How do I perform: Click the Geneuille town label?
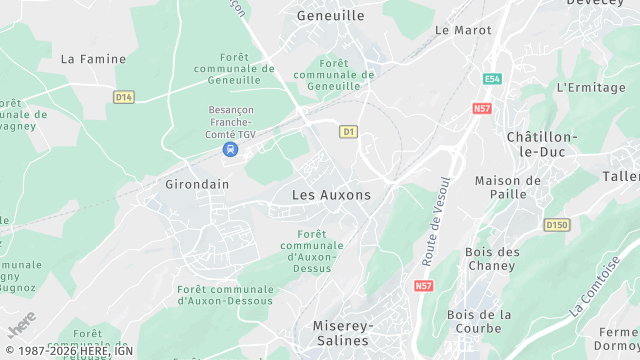click(x=330, y=16)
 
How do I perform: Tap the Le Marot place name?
click(x=463, y=30)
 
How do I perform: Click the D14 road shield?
click(x=123, y=97)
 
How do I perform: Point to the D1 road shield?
click(x=348, y=131)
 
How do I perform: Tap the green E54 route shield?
click(x=491, y=78)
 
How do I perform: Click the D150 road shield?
click(x=557, y=225)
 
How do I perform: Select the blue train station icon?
click(x=231, y=150)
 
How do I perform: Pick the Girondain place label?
click(x=197, y=184)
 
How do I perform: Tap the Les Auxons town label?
click(x=331, y=195)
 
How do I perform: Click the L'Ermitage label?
click(x=590, y=87)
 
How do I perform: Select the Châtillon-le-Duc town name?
click(x=541, y=143)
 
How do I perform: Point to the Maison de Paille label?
click(x=507, y=187)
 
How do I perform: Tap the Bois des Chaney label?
click(x=491, y=259)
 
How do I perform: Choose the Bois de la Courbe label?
click(x=480, y=321)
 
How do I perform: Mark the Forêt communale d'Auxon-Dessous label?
click(x=225, y=296)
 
